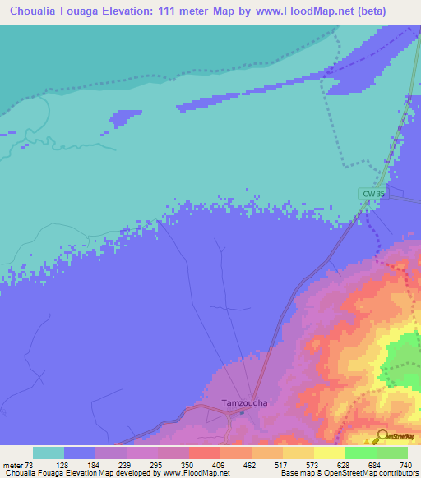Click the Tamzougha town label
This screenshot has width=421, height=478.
(244, 403)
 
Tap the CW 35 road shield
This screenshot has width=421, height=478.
(372, 194)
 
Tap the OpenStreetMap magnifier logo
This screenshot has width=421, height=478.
(382, 435)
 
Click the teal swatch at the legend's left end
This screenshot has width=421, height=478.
(48, 453)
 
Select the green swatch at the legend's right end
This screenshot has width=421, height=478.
(391, 453)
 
